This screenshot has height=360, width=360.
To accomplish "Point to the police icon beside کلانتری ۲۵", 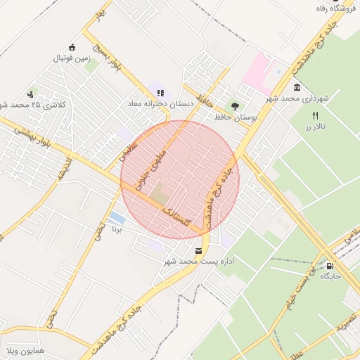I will [x=30, y=94].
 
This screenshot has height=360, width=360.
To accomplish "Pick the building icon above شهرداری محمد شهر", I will [x=297, y=88].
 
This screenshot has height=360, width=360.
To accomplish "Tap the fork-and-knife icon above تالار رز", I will [x=315, y=115].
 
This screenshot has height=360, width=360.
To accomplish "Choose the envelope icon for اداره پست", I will [x=198, y=251].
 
